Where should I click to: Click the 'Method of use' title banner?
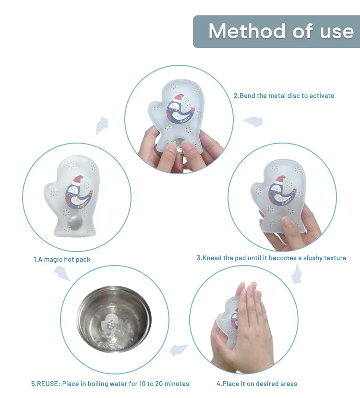point(276,32)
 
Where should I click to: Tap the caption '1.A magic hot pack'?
point(62,259)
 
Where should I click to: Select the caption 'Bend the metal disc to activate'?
point(287,96)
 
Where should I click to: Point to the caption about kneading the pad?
point(272,258)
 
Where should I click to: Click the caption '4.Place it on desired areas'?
point(257,384)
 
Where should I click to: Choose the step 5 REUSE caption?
point(110,384)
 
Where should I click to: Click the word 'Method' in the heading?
point(247,32)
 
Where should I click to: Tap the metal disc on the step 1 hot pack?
point(75,223)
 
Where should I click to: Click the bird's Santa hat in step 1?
point(78,180)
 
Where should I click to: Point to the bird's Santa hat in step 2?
point(179,98)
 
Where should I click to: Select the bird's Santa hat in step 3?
point(281,180)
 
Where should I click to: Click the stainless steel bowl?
point(114,319)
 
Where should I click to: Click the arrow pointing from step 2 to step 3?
point(253,121)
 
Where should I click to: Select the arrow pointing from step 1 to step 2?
point(102,126)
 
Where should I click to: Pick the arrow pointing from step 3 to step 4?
point(297,274)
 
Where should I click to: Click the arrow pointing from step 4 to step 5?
point(179,350)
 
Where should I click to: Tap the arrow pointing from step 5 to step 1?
point(62,273)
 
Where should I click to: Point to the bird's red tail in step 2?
point(192,110)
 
